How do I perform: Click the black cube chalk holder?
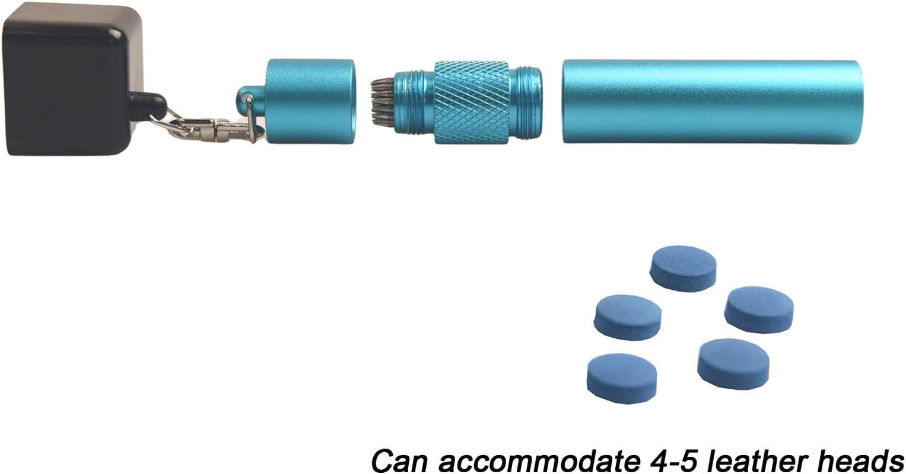[x=71, y=80]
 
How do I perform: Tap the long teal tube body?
[x=712, y=101]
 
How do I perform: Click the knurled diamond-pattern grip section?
[x=472, y=102]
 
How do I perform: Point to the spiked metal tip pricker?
[x=382, y=102]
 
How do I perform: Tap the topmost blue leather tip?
[x=683, y=268]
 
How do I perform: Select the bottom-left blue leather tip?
[x=622, y=378]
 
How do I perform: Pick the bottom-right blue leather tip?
[x=733, y=363]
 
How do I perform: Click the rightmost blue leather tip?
[x=759, y=309]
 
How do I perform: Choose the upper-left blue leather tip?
[x=628, y=317]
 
